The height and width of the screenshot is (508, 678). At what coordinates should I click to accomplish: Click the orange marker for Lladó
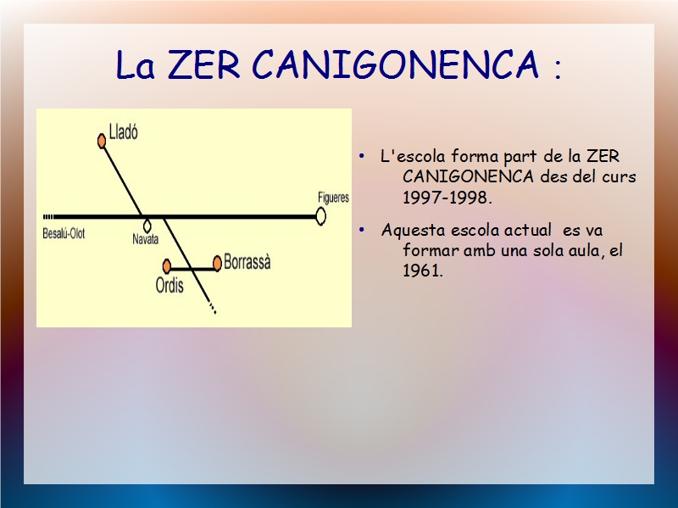click(x=102, y=141)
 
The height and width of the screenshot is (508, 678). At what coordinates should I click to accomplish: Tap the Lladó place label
click(x=124, y=131)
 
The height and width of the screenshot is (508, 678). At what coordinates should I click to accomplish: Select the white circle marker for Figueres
click(x=320, y=216)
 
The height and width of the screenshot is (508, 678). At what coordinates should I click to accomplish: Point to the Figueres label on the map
click(x=333, y=198)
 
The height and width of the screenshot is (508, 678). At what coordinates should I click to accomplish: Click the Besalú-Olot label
click(x=64, y=234)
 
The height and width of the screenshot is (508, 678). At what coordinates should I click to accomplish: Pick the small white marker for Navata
click(x=147, y=226)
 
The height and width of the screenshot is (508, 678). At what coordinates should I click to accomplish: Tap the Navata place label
click(x=145, y=239)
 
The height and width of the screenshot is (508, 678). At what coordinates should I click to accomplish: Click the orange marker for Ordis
click(x=167, y=265)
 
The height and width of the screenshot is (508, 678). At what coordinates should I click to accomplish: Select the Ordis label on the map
click(x=169, y=286)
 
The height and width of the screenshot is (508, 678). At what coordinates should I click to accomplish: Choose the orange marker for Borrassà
click(x=218, y=263)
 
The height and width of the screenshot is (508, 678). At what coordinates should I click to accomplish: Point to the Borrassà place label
click(x=247, y=262)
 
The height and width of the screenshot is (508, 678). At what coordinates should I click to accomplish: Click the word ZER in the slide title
click(x=203, y=64)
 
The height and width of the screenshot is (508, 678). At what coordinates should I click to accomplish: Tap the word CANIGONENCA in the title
click(x=396, y=64)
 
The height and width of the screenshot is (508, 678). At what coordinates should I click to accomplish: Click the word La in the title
click(x=136, y=65)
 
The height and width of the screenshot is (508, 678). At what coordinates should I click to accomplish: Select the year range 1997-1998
click(x=447, y=198)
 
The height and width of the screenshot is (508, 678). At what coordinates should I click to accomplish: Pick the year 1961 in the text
click(x=423, y=271)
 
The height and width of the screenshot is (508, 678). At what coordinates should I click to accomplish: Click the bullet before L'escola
click(x=362, y=156)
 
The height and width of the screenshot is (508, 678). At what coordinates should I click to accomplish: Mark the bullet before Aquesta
click(x=362, y=230)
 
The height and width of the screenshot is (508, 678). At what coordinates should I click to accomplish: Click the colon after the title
click(x=558, y=70)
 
